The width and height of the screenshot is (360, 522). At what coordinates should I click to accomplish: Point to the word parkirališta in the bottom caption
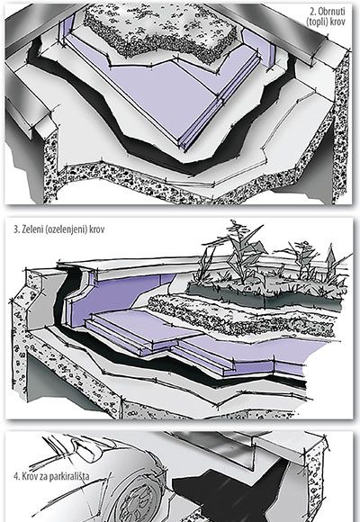[x=69, y=476]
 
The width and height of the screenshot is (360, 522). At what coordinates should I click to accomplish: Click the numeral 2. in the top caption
[x=313, y=12]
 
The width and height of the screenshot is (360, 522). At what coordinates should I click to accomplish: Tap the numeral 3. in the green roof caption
[x=17, y=229]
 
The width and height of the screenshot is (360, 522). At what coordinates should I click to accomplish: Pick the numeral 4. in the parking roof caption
[x=17, y=476]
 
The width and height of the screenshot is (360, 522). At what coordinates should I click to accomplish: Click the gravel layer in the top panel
[x=160, y=31]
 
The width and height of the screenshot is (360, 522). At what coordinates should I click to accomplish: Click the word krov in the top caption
[x=337, y=22]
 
